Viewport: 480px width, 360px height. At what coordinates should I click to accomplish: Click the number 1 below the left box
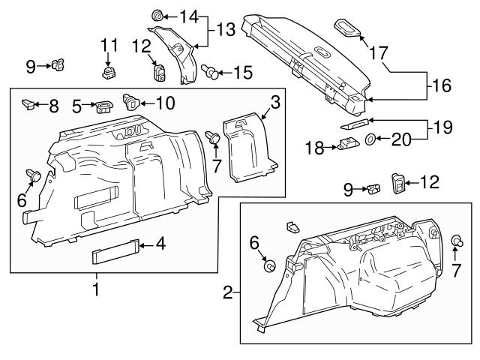pos(95,288)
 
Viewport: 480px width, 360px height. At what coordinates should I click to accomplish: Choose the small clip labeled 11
pos(109,71)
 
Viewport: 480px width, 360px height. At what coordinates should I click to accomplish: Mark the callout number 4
pos(159,244)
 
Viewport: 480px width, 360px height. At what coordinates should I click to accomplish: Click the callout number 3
pos(276,101)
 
